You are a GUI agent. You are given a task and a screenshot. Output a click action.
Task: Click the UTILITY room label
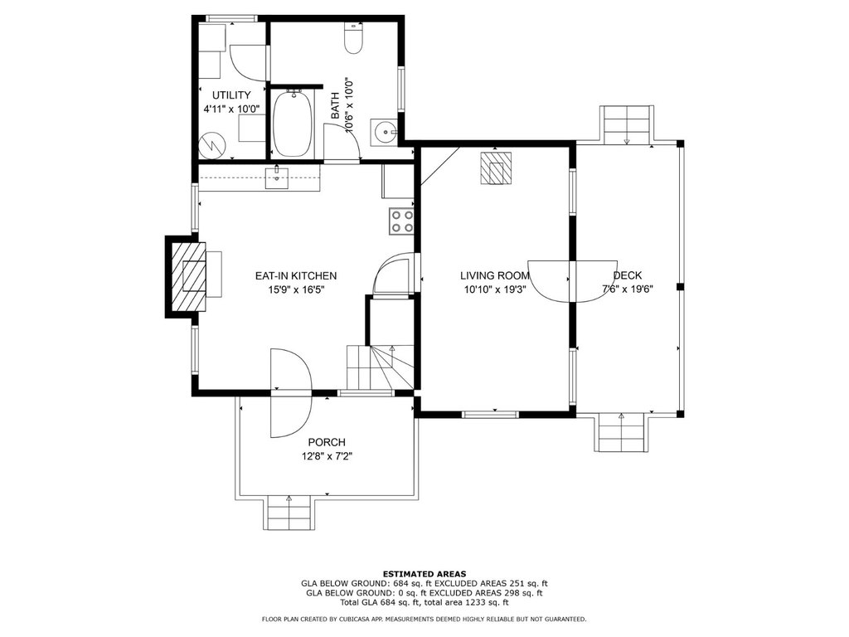point(231,95)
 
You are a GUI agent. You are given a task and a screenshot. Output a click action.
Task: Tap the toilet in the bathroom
point(353,38)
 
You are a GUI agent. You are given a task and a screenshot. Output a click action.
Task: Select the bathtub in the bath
point(293,124)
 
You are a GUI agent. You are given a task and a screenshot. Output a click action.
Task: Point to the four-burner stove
point(401,221)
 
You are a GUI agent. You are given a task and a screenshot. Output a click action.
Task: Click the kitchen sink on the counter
point(277,178)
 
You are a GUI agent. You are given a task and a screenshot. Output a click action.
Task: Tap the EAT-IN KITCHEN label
point(296,276)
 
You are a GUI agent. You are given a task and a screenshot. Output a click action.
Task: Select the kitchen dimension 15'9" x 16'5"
point(296,289)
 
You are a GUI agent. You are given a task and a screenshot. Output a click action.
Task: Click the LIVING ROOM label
point(495,276)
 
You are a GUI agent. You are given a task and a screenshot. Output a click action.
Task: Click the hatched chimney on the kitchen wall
point(187,277)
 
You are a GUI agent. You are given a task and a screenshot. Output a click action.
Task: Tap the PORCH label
point(327,443)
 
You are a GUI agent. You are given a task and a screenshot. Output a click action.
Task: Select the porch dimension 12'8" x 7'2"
point(327,457)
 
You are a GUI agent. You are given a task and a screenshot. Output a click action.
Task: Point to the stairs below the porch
point(289,513)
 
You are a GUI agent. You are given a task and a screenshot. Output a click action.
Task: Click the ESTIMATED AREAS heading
point(424,574)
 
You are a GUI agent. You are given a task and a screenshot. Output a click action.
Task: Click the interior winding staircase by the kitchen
point(380,366)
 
